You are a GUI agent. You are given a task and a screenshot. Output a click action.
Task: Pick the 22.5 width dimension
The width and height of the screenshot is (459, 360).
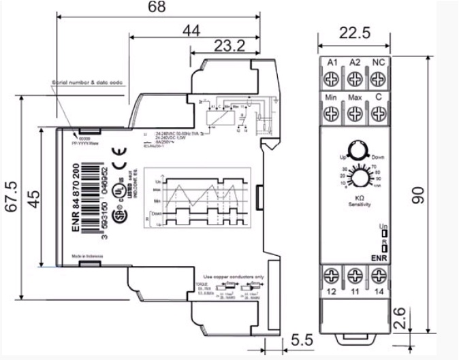tap(353, 33)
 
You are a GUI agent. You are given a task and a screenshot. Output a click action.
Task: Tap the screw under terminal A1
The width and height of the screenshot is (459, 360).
tap(333, 79)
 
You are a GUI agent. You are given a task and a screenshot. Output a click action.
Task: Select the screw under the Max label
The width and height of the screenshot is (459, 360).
tap(354, 114)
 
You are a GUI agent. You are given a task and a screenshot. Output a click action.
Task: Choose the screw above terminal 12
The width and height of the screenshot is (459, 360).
tap(333, 276)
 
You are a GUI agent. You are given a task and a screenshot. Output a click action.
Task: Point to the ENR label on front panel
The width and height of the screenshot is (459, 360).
tap(379, 258)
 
